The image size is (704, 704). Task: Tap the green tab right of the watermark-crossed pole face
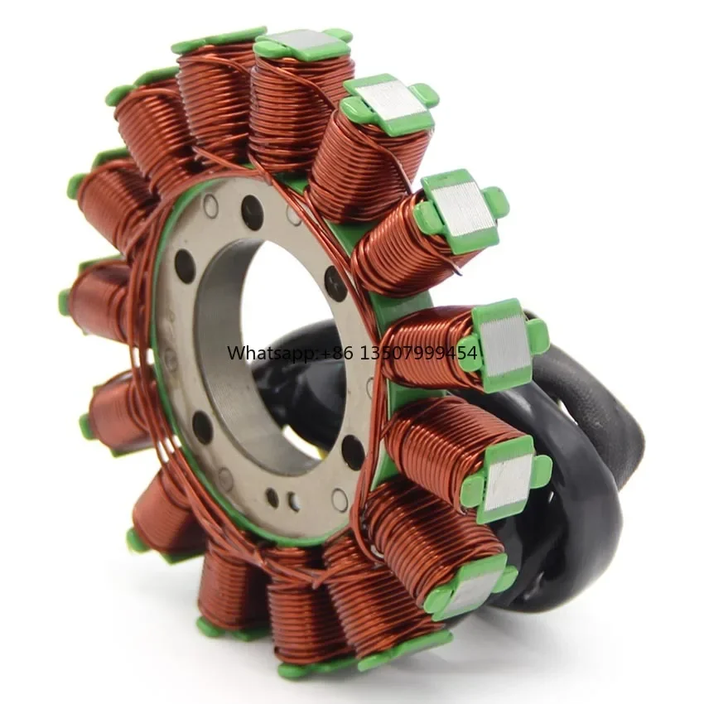[x=538, y=335]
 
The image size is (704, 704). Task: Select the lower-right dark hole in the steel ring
[x=353, y=451]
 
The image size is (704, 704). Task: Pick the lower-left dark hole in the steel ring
[x=202, y=427]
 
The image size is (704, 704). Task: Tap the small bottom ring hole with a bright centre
[x=295, y=500]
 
